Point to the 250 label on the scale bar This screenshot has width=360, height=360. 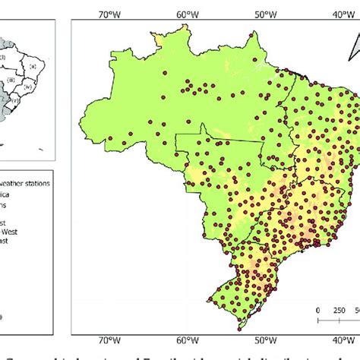pos(339,310)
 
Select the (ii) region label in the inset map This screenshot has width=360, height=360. pos(33,67)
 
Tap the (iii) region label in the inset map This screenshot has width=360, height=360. pos(11,79)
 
